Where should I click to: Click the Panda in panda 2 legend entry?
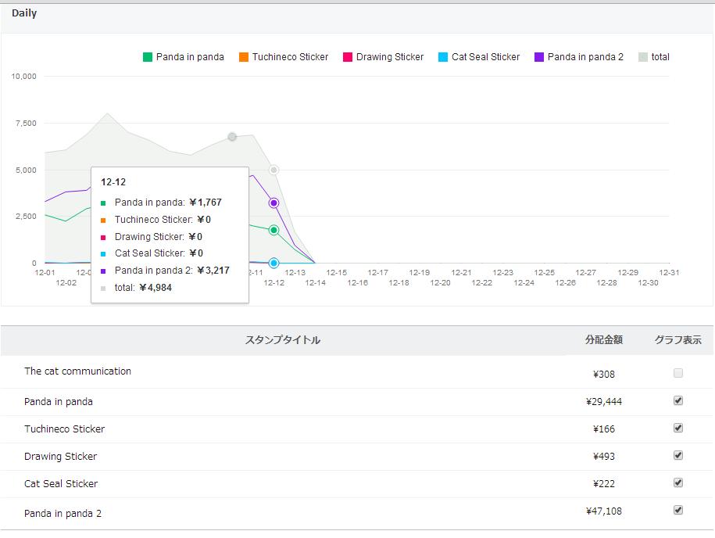coord(579,57)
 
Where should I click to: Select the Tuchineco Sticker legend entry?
coord(284,57)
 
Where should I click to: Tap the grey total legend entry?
coord(654,57)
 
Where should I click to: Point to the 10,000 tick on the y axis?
coord(23,76)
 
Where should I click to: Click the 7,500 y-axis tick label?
coord(26,124)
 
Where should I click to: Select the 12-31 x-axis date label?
coord(669,272)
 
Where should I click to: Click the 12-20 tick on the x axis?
coord(440,283)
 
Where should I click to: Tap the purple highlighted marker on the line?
coord(273,203)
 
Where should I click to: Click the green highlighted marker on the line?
coord(273,230)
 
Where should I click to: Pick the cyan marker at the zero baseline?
coord(273,263)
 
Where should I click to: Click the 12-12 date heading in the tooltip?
coord(113,182)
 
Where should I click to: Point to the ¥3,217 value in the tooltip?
coord(213,271)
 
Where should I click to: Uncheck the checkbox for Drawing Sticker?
coord(678,455)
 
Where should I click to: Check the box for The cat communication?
coord(678,373)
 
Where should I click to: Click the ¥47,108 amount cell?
coord(604,511)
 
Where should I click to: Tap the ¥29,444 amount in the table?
coord(604,402)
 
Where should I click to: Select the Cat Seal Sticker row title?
coord(61,484)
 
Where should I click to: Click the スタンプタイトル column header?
coord(283,340)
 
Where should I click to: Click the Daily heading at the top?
coord(24,13)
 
